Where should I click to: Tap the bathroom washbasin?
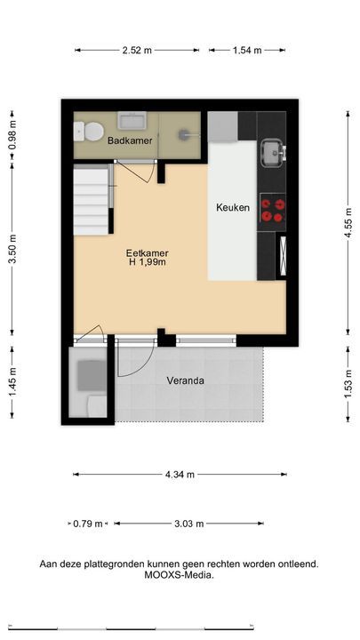pyautogui.click(x=132, y=120)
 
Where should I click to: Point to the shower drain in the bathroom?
pyautogui.click(x=184, y=133)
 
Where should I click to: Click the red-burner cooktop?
pyautogui.click(x=272, y=211)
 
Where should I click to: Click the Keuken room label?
pyautogui.click(x=232, y=207)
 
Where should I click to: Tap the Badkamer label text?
pyautogui.click(x=130, y=140)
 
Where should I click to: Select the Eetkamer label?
pyautogui.click(x=147, y=253)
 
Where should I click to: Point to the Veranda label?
pyautogui.click(x=185, y=380)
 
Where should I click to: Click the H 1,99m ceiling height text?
pyautogui.click(x=147, y=262)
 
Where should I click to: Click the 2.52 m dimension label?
pyautogui.click(x=137, y=50)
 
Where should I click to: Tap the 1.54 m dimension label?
pyautogui.click(x=247, y=50)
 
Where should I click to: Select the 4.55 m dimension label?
pyautogui.click(x=348, y=222)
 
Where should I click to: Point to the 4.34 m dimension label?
pyautogui.click(x=180, y=475)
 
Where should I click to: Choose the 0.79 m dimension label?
pyautogui.click(x=88, y=524)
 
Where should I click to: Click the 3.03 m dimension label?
pyautogui.click(x=189, y=524)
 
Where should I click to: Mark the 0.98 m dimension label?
pyautogui.click(x=12, y=135)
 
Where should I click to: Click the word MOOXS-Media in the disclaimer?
pyautogui.click(x=178, y=575)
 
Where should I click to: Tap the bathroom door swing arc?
pyautogui.click(x=150, y=175)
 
